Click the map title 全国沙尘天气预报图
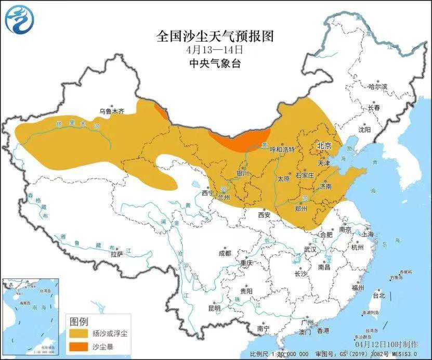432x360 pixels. pos(215,36)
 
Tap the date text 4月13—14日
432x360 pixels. pos(215,50)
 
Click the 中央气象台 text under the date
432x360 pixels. pos(215,63)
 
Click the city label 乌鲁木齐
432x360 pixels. pos(112,111)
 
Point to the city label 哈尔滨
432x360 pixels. pos(377,87)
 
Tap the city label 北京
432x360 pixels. pos(324,146)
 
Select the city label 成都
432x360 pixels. pos(225,253)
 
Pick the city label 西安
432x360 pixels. pos(265,214)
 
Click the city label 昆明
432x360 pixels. pos(214,308)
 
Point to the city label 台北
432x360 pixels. pos(378,295)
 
